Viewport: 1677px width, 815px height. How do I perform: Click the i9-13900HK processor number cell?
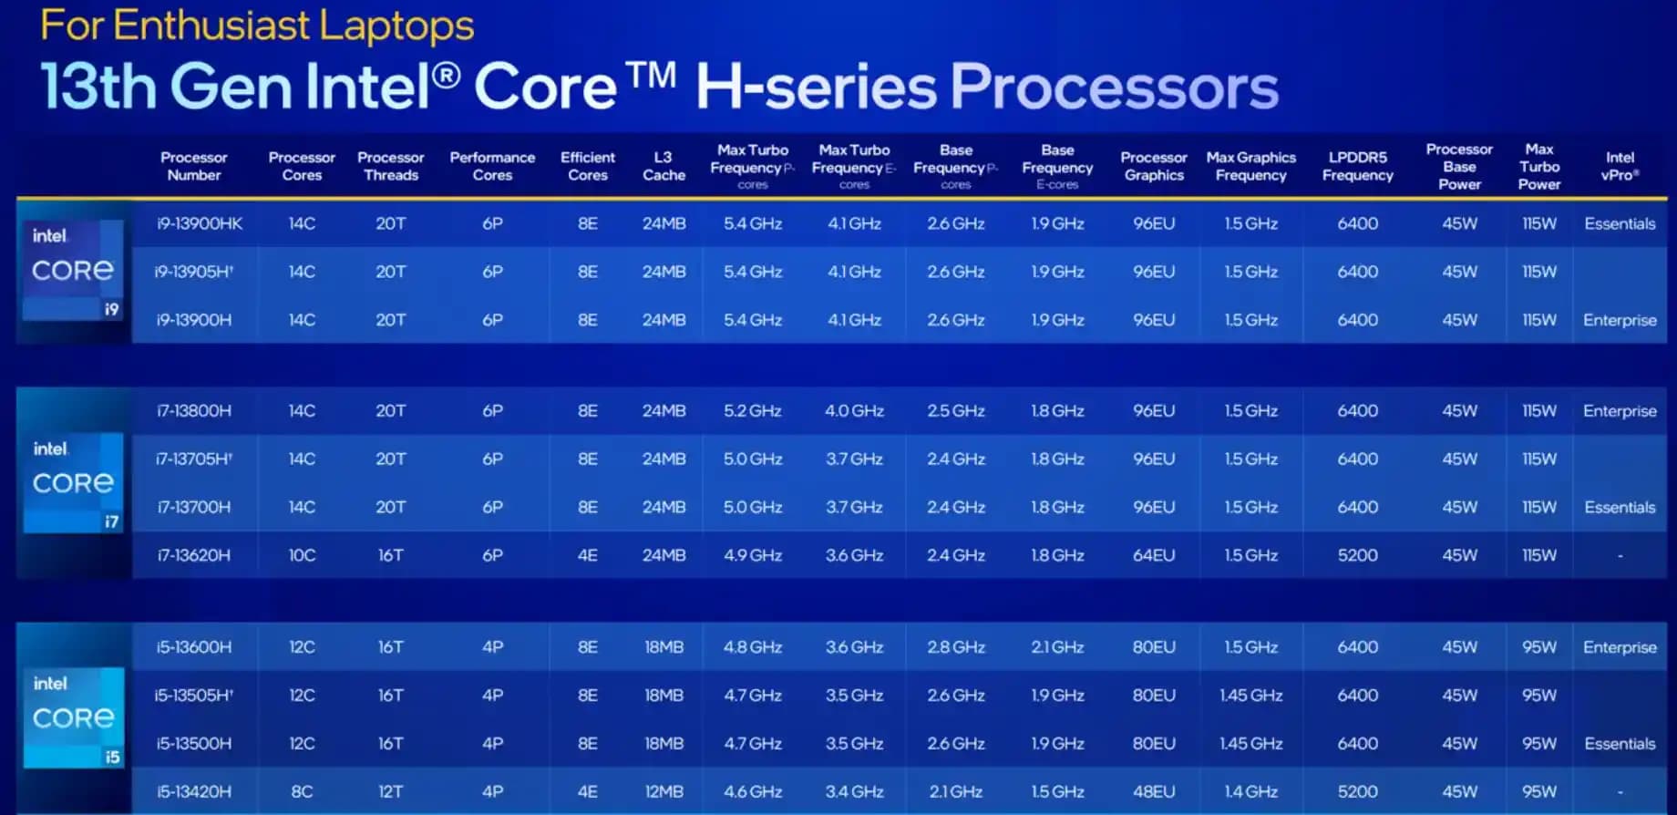[199, 223]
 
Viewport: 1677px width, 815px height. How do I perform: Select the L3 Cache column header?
[664, 166]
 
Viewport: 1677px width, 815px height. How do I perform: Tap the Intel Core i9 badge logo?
[73, 271]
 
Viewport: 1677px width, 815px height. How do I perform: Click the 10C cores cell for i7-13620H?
[302, 555]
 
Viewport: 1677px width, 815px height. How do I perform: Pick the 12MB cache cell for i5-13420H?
[664, 791]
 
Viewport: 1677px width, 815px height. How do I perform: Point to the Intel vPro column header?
[1620, 166]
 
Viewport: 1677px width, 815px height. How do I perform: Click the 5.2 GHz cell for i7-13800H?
[752, 411]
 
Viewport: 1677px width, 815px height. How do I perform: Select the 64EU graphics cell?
[1153, 555]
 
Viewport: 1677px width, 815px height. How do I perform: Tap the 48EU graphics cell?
[1153, 791]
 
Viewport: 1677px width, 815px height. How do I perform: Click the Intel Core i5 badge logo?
[73, 718]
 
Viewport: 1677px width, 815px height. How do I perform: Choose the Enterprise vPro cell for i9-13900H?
[1620, 320]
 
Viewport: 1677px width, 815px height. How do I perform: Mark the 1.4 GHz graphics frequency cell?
[1250, 791]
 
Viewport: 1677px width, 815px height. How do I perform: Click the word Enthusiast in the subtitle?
[211, 26]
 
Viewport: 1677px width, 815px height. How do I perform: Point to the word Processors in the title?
[1114, 88]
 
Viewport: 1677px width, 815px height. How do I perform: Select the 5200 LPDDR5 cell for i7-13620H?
[1357, 555]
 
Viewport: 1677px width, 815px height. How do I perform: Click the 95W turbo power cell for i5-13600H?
[1538, 647]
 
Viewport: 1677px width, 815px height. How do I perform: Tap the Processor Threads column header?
[390, 166]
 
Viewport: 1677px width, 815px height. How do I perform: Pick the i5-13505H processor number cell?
[193, 696]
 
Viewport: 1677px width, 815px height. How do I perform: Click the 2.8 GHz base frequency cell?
[955, 647]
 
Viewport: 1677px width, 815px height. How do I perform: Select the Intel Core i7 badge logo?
[73, 483]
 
